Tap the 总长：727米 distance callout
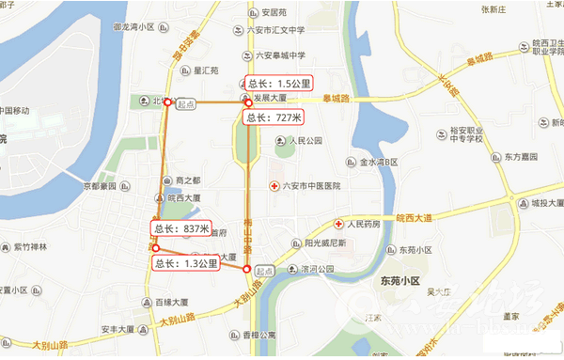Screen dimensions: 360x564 click(x=273, y=117)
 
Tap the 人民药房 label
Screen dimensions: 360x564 click(x=363, y=225)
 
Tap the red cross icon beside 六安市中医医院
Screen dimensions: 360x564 click(x=274, y=185)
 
